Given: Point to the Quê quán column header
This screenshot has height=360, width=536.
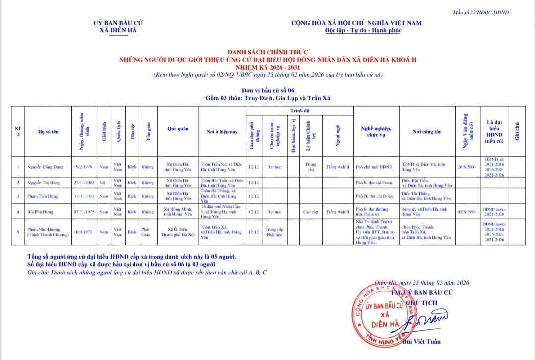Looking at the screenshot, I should [178, 128].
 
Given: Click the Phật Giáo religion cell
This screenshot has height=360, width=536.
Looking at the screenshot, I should [146, 232].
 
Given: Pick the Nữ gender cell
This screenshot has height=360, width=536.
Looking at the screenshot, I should [104, 183].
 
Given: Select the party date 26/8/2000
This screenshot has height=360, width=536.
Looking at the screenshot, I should [467, 167].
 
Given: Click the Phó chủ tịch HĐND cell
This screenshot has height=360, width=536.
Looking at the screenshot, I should [374, 167].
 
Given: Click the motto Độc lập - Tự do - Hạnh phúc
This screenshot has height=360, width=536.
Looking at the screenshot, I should [363, 31].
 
